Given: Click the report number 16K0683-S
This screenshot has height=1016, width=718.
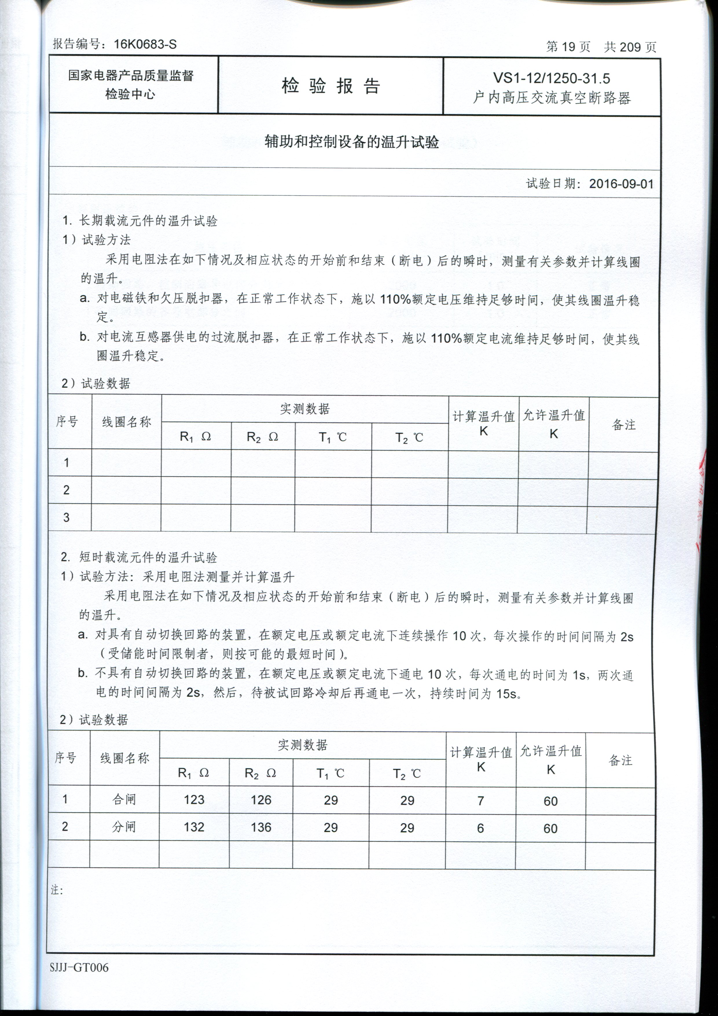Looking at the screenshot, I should coord(145,44).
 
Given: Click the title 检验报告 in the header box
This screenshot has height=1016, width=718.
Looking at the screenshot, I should coord(330,85).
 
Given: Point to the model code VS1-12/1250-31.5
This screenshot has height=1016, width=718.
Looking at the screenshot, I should coord(552,78).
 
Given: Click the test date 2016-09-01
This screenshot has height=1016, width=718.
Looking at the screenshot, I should coord(621,184).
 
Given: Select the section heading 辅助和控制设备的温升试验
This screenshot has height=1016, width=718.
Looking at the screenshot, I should coord(352,142).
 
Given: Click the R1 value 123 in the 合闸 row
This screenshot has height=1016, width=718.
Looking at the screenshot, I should coord(194,800).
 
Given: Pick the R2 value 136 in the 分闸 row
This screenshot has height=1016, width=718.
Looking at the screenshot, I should coord(261,827).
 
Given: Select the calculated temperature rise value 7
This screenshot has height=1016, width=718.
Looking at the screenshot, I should coord(481,800).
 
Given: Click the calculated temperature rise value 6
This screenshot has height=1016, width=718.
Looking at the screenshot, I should coord(480,828).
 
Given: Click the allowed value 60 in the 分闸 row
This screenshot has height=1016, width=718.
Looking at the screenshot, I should coord(550,828).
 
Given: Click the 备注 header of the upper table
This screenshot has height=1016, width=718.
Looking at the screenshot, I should coord(623,425).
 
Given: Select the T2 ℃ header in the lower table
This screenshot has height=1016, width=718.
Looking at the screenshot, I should coord(407,773).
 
